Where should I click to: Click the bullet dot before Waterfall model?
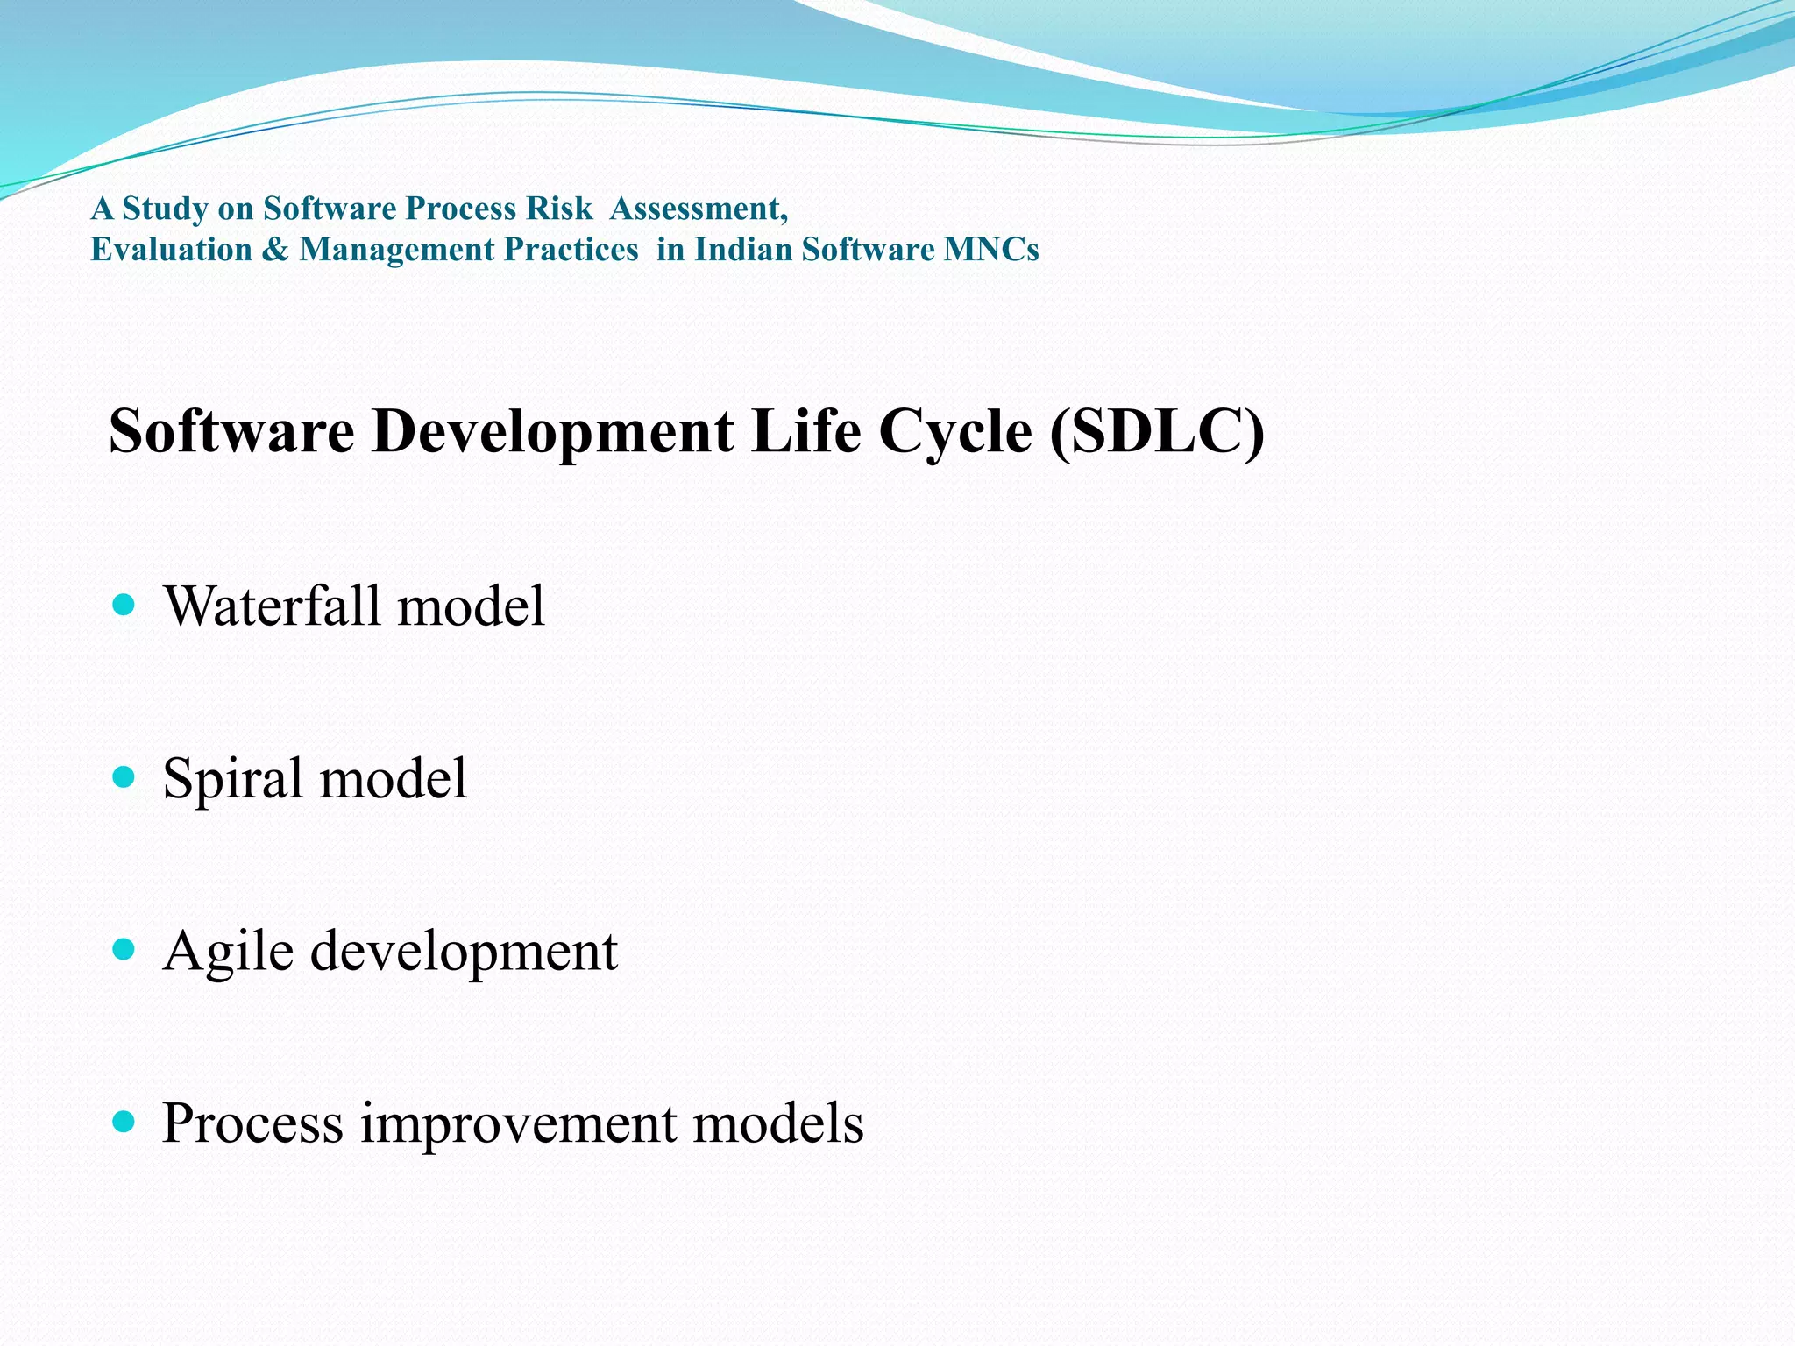point(124,605)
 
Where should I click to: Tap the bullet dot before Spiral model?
point(124,776)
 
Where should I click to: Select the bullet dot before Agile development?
point(124,949)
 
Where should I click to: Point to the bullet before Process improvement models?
point(124,1121)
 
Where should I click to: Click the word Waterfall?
point(274,606)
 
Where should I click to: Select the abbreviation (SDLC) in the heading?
point(1157,431)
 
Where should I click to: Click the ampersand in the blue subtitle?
point(275,250)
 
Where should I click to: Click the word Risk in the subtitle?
point(559,209)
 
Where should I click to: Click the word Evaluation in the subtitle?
point(172,250)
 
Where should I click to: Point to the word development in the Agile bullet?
point(464,952)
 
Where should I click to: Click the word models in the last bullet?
point(778,1124)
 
